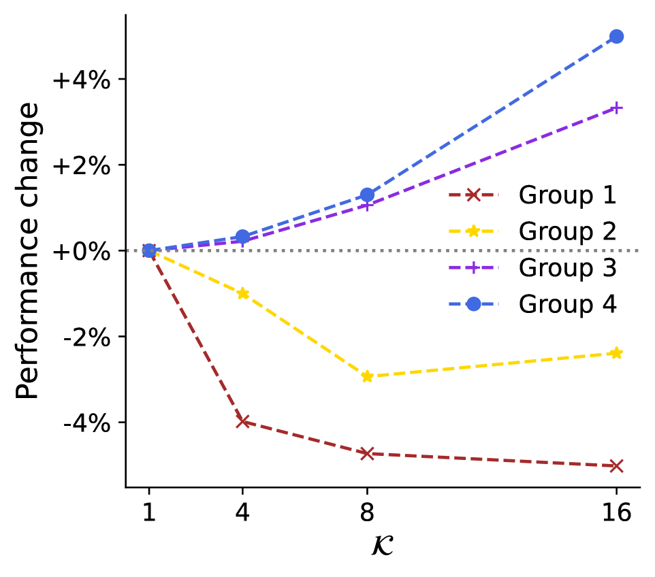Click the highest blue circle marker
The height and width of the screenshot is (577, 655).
[x=616, y=37]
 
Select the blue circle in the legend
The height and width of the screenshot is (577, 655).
[x=473, y=304]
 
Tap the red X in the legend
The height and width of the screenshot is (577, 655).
[x=473, y=195]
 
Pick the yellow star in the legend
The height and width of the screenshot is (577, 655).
[x=473, y=231]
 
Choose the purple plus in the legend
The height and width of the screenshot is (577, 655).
[x=473, y=267]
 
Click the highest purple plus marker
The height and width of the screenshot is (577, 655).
[x=616, y=108]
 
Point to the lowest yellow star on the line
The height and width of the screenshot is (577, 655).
[x=367, y=376]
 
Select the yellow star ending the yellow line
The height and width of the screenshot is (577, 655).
[x=616, y=353]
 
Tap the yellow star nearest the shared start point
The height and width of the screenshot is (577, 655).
[x=242, y=293]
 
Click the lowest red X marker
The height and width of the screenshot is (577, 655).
[x=616, y=466]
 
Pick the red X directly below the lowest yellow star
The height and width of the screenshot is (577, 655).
[x=367, y=453]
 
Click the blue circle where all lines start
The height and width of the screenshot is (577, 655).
[x=149, y=250]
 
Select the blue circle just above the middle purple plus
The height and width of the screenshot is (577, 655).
[x=367, y=195]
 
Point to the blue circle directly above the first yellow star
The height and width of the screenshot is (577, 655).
[x=242, y=237]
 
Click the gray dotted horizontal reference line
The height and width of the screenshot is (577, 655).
[x=545, y=250]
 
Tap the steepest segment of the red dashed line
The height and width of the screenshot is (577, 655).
[x=195, y=336]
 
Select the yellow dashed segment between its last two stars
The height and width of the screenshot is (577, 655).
[x=492, y=365]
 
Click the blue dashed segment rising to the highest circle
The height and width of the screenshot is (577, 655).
[x=492, y=116]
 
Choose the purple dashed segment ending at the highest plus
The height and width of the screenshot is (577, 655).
[x=492, y=156]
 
